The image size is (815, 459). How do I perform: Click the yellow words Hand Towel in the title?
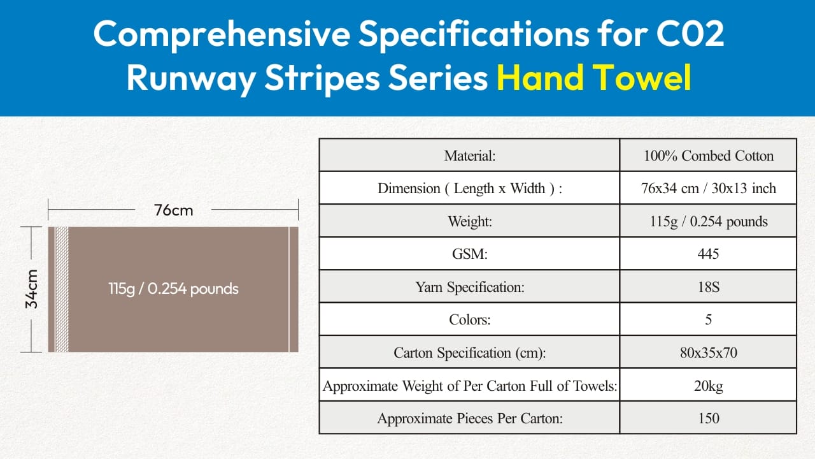(x=594, y=77)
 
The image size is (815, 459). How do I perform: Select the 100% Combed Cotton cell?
(x=709, y=156)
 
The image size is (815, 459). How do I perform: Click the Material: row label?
(x=470, y=156)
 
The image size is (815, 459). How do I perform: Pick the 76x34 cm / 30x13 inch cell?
(x=709, y=188)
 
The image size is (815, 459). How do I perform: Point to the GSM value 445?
(x=709, y=254)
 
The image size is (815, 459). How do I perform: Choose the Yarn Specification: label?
(x=470, y=287)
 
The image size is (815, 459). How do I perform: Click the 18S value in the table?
(x=709, y=287)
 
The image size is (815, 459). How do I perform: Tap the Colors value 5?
(x=709, y=319)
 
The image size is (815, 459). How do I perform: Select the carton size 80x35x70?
(x=709, y=353)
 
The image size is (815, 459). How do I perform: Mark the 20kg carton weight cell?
(x=709, y=386)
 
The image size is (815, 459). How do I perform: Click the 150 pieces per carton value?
(x=709, y=418)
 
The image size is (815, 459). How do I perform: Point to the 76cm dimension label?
(x=173, y=210)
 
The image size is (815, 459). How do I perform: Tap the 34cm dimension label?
(x=32, y=289)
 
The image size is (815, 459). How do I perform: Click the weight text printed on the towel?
(x=173, y=289)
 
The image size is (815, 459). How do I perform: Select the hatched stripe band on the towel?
(x=62, y=289)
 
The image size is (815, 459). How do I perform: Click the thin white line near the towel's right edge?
(x=289, y=289)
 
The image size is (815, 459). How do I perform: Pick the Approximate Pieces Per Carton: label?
(x=470, y=418)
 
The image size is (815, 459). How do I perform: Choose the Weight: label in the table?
(x=470, y=221)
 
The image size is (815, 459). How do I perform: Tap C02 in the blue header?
(x=690, y=34)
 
